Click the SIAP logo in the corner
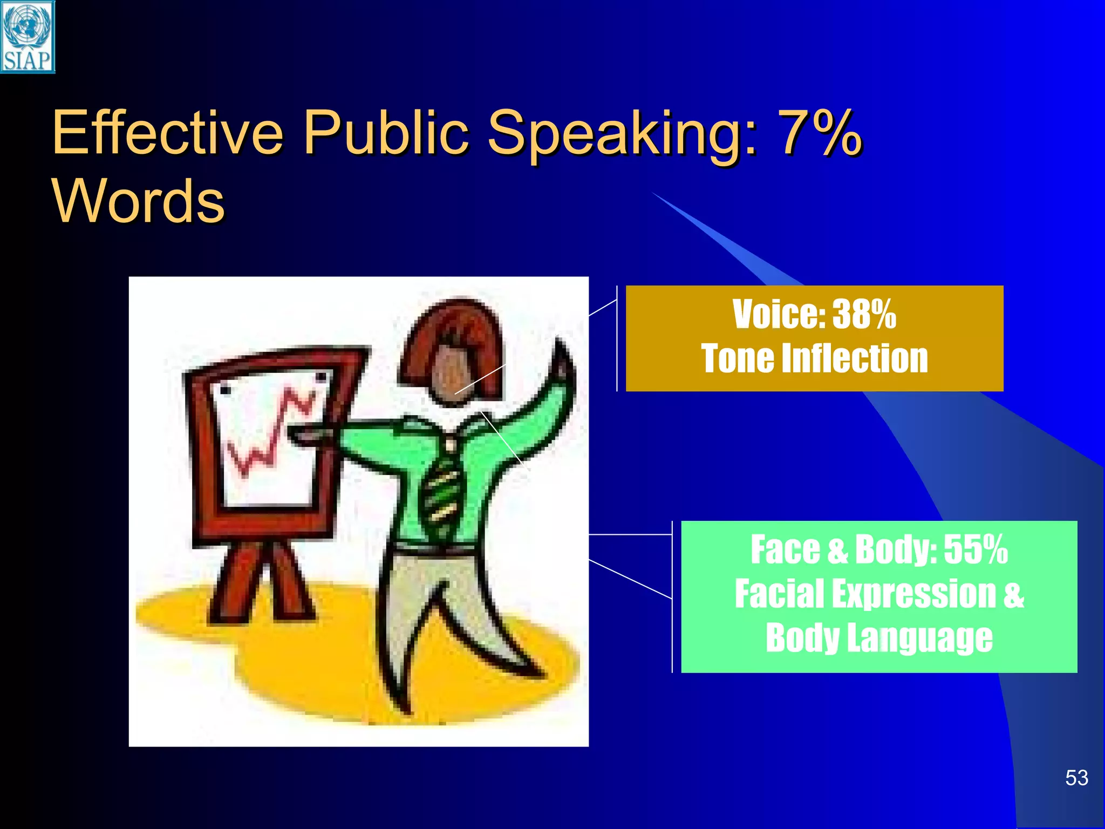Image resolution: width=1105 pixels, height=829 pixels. tap(28, 37)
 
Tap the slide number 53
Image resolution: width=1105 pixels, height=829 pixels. tap(1076, 778)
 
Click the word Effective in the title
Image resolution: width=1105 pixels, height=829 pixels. tap(167, 133)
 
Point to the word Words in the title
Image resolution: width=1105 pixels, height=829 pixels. tap(139, 201)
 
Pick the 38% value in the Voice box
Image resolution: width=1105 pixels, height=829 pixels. tap(864, 314)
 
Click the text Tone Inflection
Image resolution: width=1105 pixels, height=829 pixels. tap(814, 358)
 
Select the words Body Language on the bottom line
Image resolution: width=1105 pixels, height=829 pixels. tap(879, 638)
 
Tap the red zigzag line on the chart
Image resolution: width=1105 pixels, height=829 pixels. tap(270, 437)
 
